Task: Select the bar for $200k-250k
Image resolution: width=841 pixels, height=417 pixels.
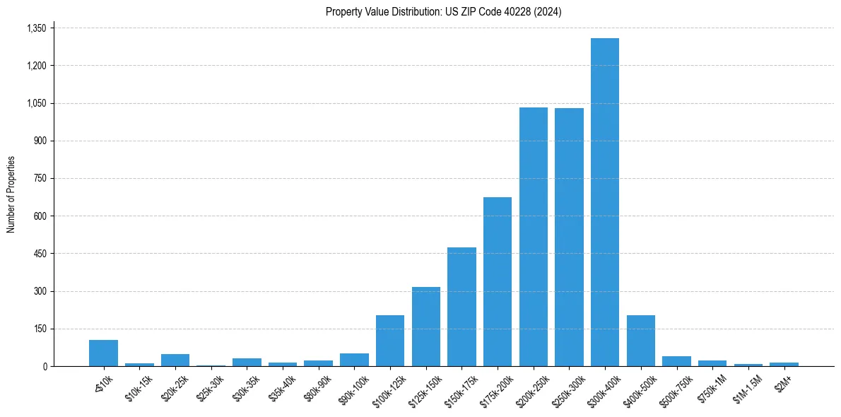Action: pyautogui.click(x=533, y=237)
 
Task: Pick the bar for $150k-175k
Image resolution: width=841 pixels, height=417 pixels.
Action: pyautogui.click(x=461, y=307)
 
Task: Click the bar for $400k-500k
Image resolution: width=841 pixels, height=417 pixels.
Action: pyautogui.click(x=640, y=341)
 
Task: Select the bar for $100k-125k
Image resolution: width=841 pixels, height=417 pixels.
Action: pyautogui.click(x=390, y=341)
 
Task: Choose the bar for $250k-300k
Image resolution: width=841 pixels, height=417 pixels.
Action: pyautogui.click(x=569, y=237)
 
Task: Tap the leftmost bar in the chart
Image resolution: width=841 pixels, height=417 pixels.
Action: pyautogui.click(x=103, y=353)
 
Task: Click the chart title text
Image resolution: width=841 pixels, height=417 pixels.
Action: pyautogui.click(x=443, y=11)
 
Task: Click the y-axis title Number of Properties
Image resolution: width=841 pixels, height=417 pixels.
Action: pyautogui.click(x=11, y=194)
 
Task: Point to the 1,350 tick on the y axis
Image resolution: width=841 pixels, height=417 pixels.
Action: pyautogui.click(x=36, y=28)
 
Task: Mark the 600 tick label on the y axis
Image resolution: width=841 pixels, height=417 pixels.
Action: pyautogui.click(x=40, y=216)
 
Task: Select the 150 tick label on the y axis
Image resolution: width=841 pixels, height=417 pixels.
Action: pyautogui.click(x=40, y=329)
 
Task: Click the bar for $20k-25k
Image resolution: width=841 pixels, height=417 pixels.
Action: pyautogui.click(x=175, y=360)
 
